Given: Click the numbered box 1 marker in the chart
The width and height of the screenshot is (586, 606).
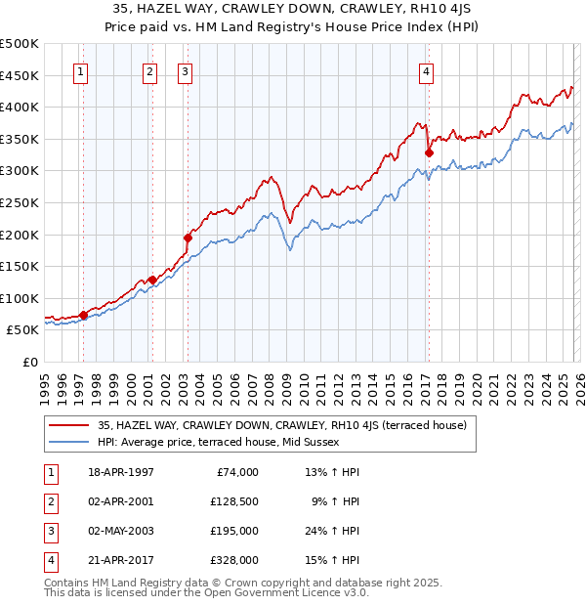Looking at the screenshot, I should [x=80, y=70].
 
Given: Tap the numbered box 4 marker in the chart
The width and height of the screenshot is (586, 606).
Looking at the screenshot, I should [x=427, y=70].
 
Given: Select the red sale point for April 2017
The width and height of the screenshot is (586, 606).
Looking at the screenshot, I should [x=429, y=152].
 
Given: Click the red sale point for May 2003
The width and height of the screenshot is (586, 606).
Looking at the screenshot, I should [x=188, y=238].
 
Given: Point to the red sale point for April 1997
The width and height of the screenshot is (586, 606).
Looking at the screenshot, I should [x=83, y=315].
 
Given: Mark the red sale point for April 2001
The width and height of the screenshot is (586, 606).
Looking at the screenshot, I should [x=152, y=280].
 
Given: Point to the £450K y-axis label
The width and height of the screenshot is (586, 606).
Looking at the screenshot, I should [x=20, y=75].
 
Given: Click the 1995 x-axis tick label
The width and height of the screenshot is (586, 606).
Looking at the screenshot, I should [x=45, y=383].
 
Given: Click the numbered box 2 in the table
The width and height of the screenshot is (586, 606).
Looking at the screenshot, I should [x=48, y=501].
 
